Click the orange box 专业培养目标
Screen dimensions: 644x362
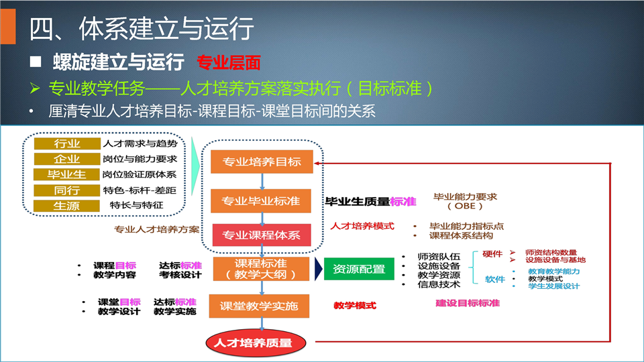tap(262, 162)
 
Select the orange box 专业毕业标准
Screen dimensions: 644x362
tap(261, 200)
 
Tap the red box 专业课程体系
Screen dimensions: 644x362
tap(262, 235)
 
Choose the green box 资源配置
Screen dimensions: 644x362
tap(359, 269)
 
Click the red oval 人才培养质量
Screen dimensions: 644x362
tap(256, 343)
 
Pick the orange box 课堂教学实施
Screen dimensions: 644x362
tap(259, 306)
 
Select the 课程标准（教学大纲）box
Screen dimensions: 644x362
tap(261, 269)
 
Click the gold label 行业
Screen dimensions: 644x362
tap(67, 143)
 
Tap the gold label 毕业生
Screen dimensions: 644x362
tap(66, 174)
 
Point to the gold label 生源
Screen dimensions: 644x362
tap(66, 206)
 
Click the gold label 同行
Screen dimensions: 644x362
tap(67, 190)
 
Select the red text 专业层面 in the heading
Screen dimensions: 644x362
tap(229, 62)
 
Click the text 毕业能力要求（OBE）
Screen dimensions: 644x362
tap(465, 201)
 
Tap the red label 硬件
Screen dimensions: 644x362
tap(492, 254)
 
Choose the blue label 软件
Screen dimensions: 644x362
tap(495, 280)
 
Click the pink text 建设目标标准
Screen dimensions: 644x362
tap(468, 303)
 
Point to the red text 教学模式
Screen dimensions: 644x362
tap(355, 306)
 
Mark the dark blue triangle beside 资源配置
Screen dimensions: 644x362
tap(318, 269)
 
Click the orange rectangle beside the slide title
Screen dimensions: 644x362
tap(8, 26)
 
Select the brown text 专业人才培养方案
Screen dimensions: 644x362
tap(156, 229)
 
